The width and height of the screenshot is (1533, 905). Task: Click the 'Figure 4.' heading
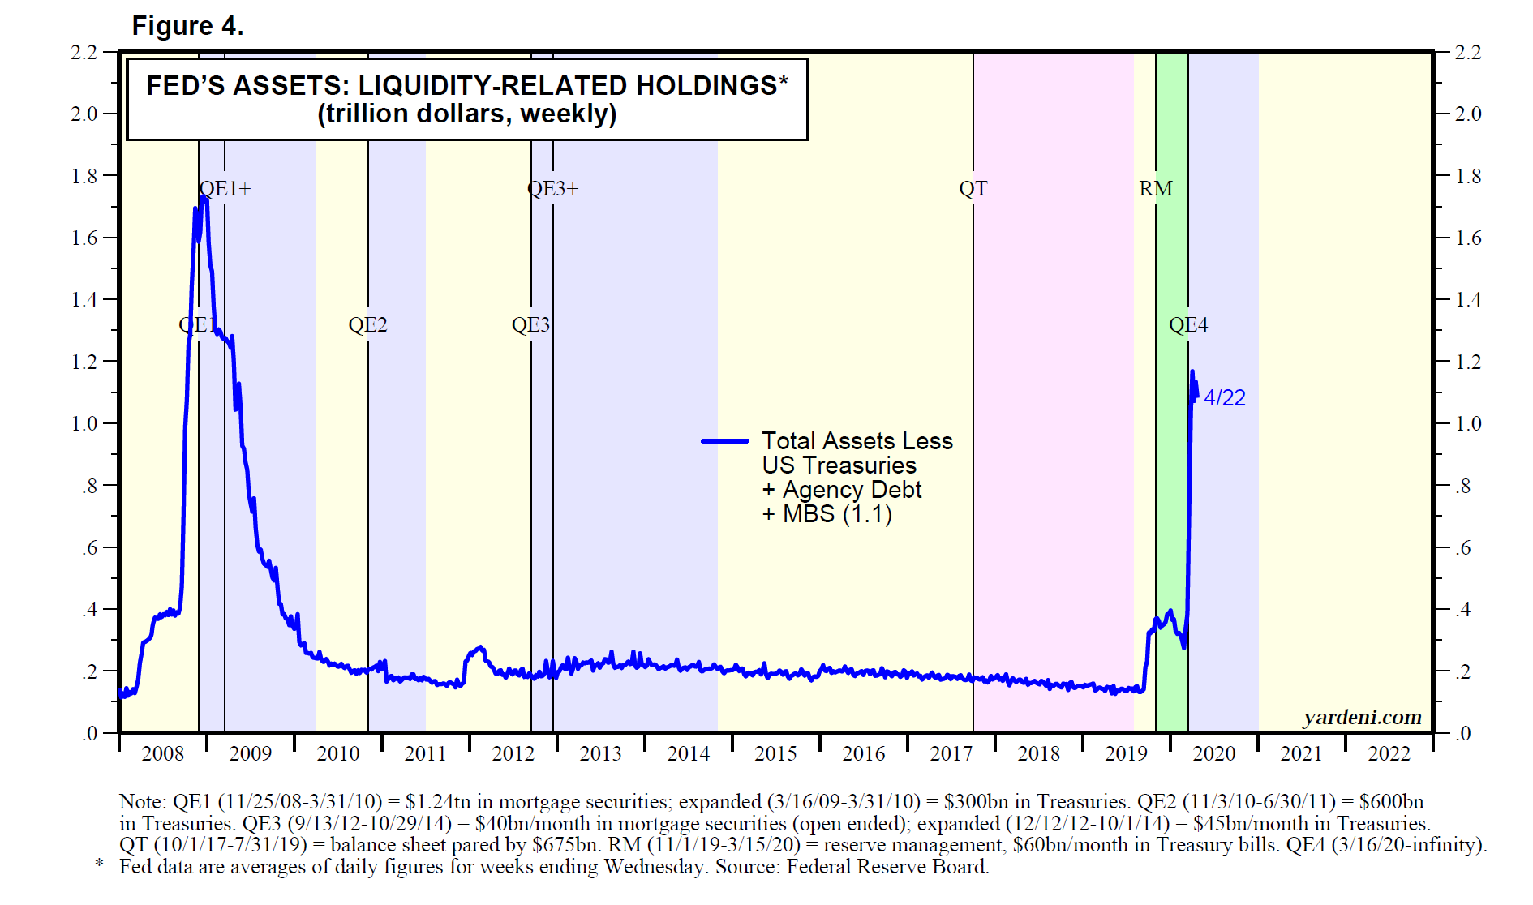pos(187,26)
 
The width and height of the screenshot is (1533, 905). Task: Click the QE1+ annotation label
pos(225,189)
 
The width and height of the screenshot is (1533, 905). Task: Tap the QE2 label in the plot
pos(367,325)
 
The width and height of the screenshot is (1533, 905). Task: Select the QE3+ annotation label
pos(553,189)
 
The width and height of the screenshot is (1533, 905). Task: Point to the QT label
pos(973,189)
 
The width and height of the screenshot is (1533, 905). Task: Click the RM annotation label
pos(1155,189)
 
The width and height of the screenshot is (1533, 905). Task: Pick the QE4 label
pos(1187,325)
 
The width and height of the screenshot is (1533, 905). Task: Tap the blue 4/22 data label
pos(1225,398)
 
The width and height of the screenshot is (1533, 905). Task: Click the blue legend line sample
pos(724,441)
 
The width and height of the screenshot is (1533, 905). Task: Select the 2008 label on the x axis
pos(163,754)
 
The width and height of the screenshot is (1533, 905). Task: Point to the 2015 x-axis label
pos(775,754)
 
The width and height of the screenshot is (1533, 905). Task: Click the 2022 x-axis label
pos(1389,754)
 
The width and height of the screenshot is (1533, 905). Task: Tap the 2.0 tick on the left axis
pos(84,114)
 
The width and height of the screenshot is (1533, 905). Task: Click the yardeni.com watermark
pos(1362,718)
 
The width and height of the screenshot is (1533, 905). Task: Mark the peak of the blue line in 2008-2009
pos(204,197)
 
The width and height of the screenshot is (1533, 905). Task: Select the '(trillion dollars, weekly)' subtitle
pos(467,114)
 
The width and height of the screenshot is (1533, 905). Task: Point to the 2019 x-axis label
pos(1126,754)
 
